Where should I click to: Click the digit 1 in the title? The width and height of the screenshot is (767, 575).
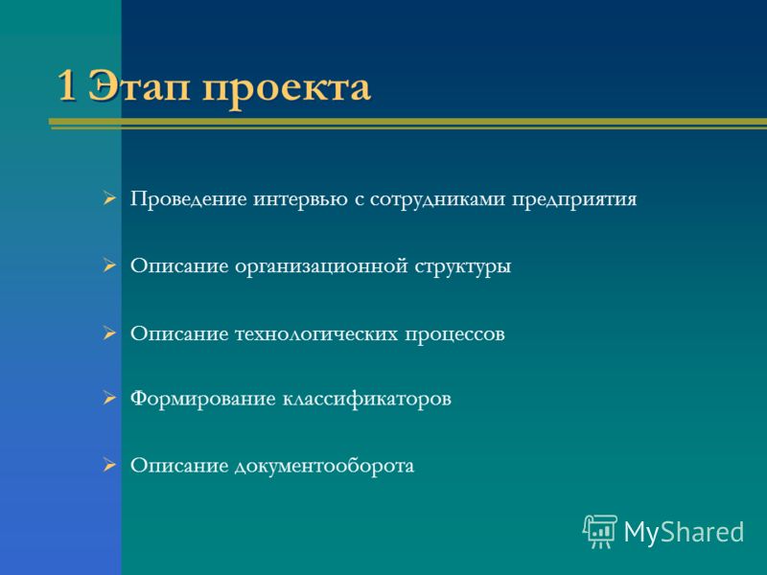pyautogui.click(x=67, y=85)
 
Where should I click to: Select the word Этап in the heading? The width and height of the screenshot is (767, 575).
pyautogui.click(x=138, y=86)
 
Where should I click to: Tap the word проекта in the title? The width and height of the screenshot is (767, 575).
pyautogui.click(x=286, y=89)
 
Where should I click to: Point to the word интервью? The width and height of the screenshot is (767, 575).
pyautogui.click(x=300, y=199)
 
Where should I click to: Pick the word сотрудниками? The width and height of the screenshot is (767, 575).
pyautogui.click(x=437, y=199)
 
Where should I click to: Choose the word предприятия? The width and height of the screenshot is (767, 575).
pyautogui.click(x=574, y=200)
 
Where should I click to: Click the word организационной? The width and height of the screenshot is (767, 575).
pyautogui.click(x=321, y=267)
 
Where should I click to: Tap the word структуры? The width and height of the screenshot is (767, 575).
pyautogui.click(x=463, y=267)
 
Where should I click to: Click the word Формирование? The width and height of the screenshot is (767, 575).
pyautogui.click(x=202, y=399)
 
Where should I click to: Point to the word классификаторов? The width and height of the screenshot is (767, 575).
pyautogui.click(x=366, y=400)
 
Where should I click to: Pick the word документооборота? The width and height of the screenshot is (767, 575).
pyautogui.click(x=324, y=466)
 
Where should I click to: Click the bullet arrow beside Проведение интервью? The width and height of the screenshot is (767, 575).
pyautogui.click(x=109, y=199)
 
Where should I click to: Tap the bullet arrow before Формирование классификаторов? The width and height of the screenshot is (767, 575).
pyautogui.click(x=109, y=398)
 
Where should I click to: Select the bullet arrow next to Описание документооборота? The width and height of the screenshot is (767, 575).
pyautogui.click(x=109, y=465)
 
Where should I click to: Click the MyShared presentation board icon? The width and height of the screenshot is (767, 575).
pyautogui.click(x=600, y=532)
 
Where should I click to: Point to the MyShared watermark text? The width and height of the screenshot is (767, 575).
pyautogui.click(x=684, y=532)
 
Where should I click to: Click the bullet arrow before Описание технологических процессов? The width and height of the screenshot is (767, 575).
pyautogui.click(x=109, y=333)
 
